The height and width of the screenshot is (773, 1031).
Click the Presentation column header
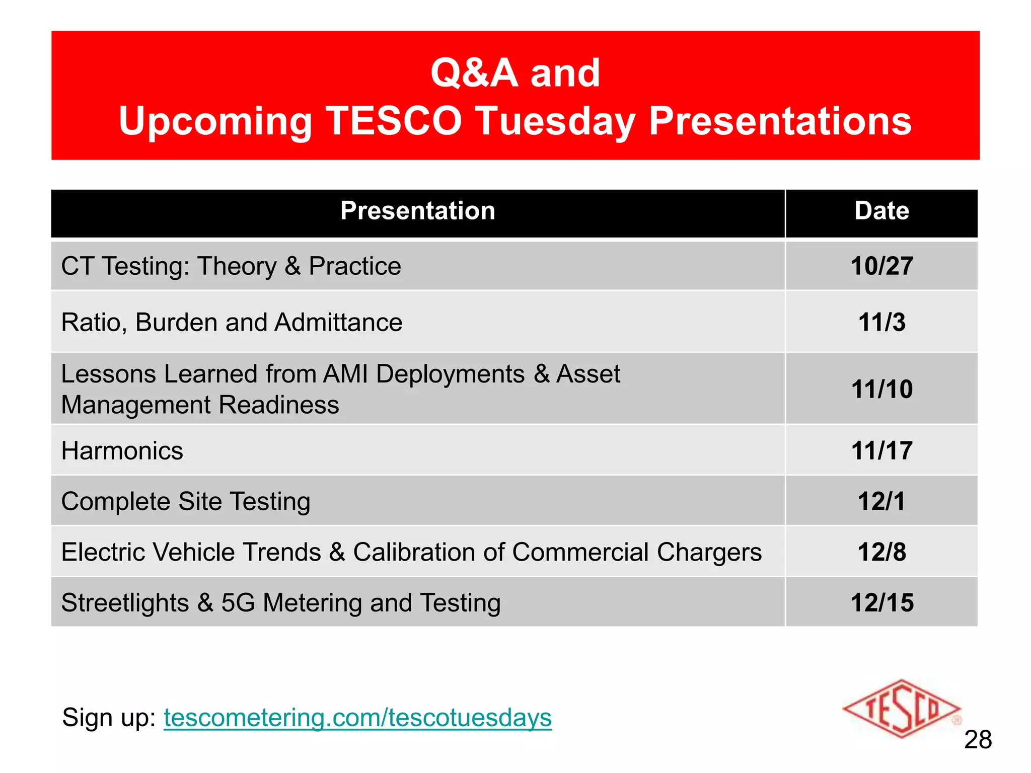click(417, 211)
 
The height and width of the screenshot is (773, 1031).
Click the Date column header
click(881, 211)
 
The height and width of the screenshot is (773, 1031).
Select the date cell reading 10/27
click(881, 266)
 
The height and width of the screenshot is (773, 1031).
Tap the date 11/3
click(881, 322)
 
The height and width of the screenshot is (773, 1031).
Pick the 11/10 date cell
click(881, 389)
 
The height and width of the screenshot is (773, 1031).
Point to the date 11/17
click(881, 450)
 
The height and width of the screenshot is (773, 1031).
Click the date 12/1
click(881, 501)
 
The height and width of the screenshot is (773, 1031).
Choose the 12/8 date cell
click(881, 552)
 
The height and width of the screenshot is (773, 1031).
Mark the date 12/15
click(881, 602)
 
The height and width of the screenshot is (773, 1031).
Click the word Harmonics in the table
click(122, 450)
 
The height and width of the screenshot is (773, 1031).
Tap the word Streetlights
click(125, 602)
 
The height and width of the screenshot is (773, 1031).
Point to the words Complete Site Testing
click(185, 501)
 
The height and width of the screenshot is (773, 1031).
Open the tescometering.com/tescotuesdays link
click(357, 717)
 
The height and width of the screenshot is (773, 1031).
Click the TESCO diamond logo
click(901, 709)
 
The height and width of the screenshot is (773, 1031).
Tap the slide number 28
click(978, 740)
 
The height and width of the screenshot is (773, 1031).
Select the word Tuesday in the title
click(555, 121)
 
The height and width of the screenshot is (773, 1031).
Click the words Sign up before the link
click(109, 717)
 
